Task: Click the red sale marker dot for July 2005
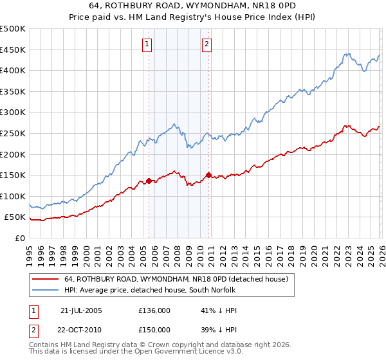[149, 181]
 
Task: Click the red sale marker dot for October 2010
[208, 175]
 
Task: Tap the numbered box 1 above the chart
[147, 44]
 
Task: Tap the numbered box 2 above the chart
[207, 44]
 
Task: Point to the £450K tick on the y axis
[13, 50]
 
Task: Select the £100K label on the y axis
[13, 196]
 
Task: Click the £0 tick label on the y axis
[20, 238]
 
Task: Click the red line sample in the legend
[46, 279]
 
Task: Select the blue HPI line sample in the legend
[46, 291]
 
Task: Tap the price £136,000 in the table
[154, 310]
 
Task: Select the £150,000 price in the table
[154, 329]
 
